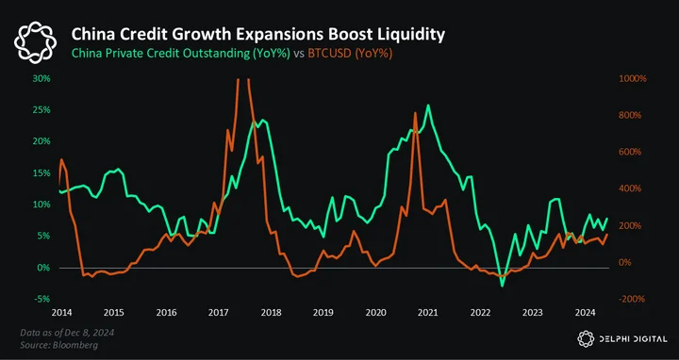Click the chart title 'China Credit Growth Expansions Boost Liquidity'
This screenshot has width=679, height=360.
[257, 35]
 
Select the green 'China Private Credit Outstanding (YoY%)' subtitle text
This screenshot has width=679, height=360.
[180, 54]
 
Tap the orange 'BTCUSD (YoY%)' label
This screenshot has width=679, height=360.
[350, 54]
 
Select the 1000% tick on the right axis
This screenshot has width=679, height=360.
[633, 79]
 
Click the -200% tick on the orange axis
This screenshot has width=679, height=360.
[633, 299]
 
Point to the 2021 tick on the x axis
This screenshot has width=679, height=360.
[428, 313]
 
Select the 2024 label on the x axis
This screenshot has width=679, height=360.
[585, 313]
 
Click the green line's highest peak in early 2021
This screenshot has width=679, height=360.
[428, 106]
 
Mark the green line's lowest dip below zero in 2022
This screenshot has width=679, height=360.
[503, 286]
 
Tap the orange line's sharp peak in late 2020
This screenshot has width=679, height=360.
[415, 113]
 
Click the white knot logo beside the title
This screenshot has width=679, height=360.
[35, 42]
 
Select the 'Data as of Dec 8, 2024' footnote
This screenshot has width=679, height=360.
[67, 333]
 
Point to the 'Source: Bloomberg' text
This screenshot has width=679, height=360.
[58, 345]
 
